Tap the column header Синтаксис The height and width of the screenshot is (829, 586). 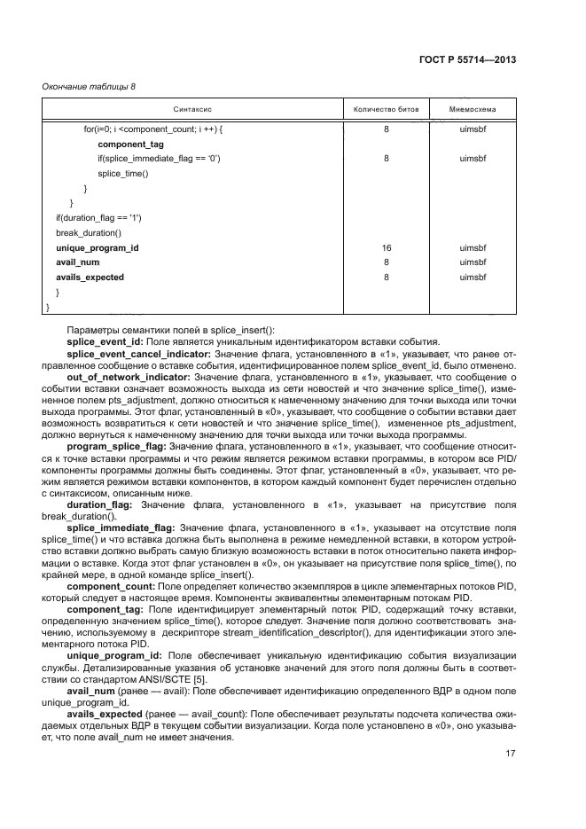192,110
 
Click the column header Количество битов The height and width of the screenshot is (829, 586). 387,110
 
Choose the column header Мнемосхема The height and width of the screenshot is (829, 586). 473,110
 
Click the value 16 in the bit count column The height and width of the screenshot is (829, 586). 387,248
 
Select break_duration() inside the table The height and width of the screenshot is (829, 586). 88,233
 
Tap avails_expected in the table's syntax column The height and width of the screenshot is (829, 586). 90,278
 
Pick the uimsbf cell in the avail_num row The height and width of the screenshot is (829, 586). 473,263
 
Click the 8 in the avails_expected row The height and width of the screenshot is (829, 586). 387,278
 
